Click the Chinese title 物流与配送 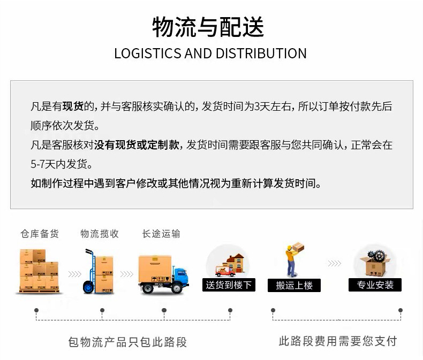[208, 27]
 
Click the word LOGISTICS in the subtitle [148, 53]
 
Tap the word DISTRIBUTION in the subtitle [261, 53]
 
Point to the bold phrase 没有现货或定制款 [137, 145]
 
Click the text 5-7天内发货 [61, 164]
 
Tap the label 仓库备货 [40, 234]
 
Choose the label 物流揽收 [100, 234]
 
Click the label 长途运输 [161, 234]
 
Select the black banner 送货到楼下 [229, 285]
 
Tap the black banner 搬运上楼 [294, 285]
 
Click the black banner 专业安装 [375, 285]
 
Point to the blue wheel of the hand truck [88, 287]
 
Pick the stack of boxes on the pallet [39, 271]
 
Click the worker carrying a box [293, 259]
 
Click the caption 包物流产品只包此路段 [127, 342]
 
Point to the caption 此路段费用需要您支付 [338, 341]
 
